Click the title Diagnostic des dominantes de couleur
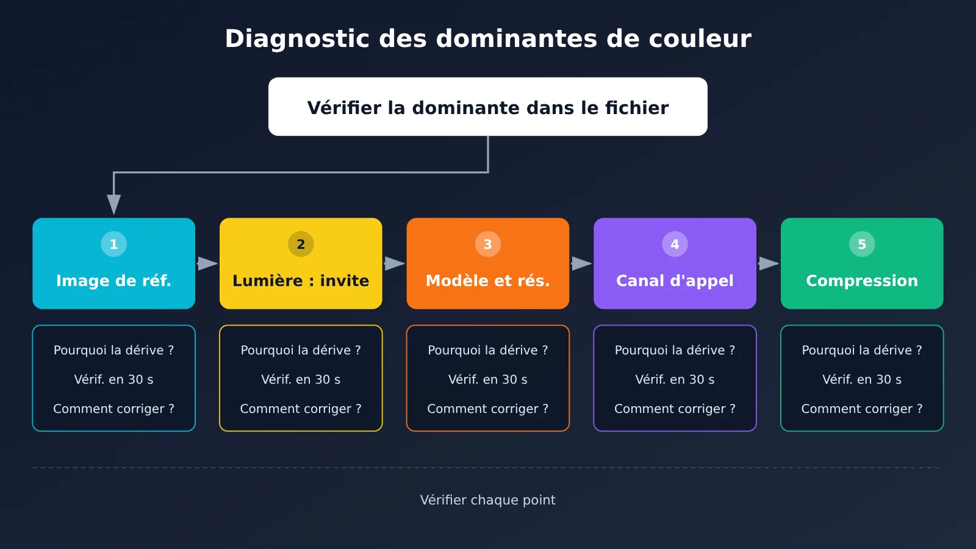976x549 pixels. pos(488,39)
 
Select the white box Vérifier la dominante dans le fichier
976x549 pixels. pos(488,107)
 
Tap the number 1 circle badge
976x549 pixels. pos(113,244)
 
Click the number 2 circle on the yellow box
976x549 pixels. pos(301,244)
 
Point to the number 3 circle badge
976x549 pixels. pos(488,244)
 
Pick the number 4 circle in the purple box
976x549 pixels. pos(675,244)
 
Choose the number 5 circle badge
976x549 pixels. pos(862,244)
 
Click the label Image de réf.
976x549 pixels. pos(113,281)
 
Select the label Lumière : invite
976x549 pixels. pos(301,281)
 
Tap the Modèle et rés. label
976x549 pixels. pos(488,281)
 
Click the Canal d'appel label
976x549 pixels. pos(675,281)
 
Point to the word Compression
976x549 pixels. pos(862,281)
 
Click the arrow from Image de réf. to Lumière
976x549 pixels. pos(207,264)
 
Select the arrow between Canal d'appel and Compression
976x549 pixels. pos(769,264)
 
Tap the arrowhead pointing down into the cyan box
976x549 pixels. pos(113,205)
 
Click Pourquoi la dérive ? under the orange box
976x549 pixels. pos(488,350)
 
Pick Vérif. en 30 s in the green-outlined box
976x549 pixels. pos(862,379)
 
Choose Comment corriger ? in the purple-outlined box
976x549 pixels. pos(675,409)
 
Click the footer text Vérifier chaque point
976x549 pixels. pos(488,500)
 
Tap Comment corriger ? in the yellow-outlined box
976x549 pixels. pos(301,409)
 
